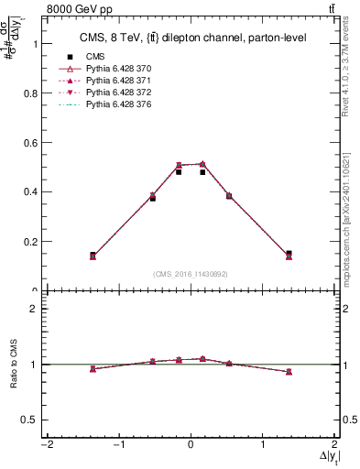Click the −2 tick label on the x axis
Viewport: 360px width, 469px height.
45,445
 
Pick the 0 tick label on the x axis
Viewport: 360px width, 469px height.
191,445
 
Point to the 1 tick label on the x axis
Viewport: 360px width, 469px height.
263,445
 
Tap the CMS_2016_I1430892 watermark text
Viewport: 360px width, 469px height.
190,274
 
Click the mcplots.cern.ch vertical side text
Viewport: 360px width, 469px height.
352,215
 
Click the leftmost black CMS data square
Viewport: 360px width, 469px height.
93,255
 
